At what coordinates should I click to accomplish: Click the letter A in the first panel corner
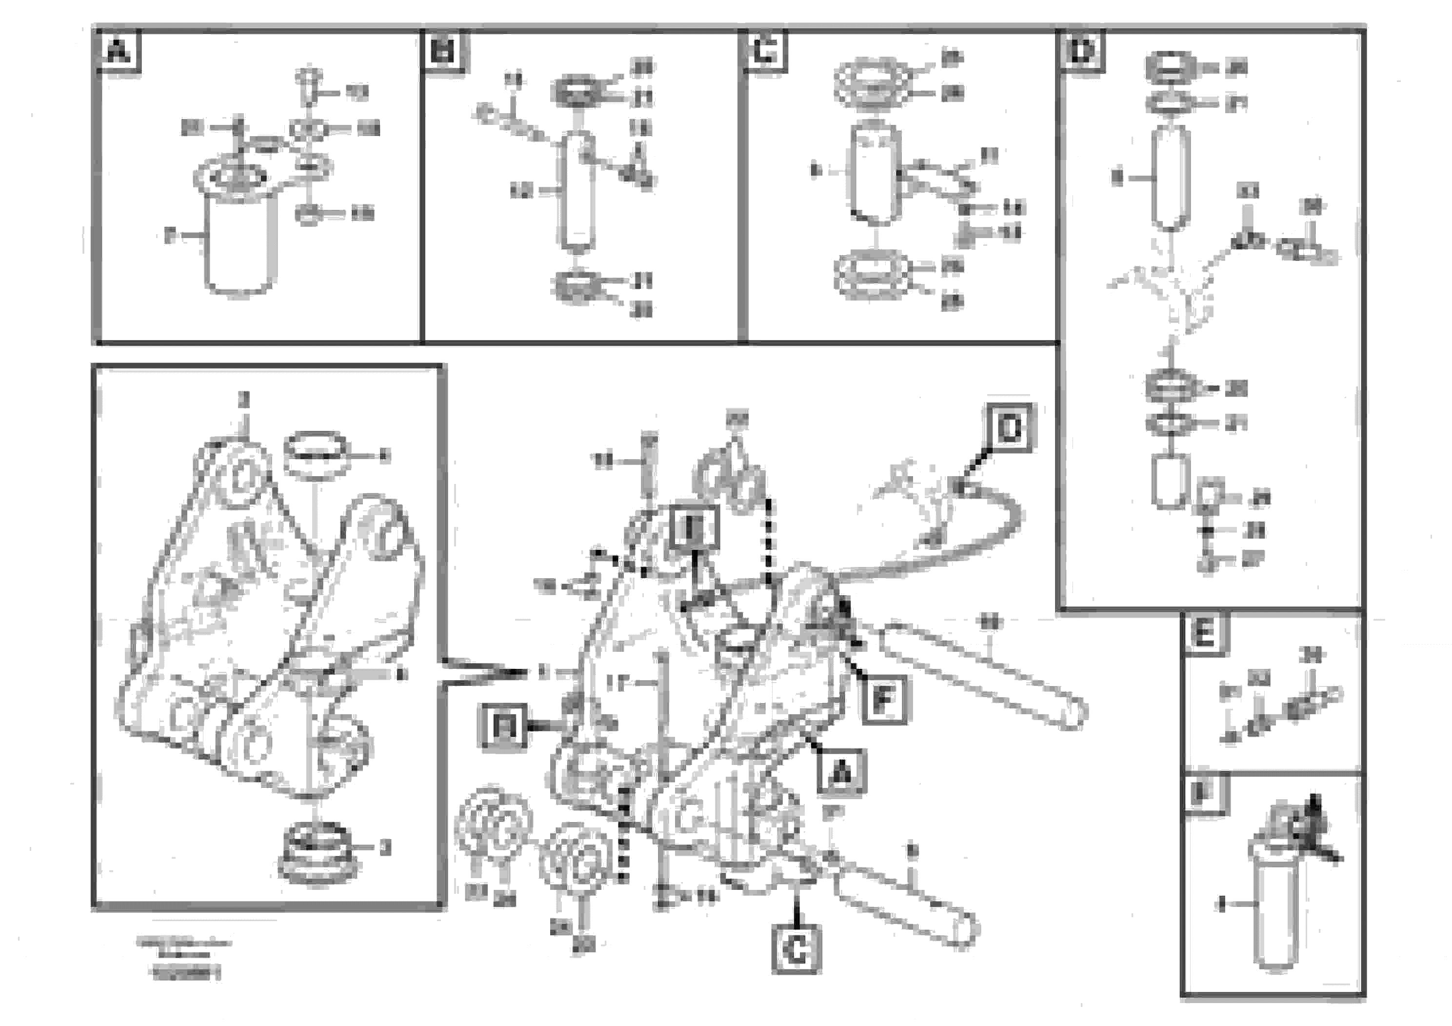[x=118, y=51]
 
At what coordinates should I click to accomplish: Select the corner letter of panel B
[x=444, y=51]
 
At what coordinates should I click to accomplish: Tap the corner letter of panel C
[x=765, y=51]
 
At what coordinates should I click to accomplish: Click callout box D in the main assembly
[x=1010, y=429]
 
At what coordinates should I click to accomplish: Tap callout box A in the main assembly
[x=840, y=772]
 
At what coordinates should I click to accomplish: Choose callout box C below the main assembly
[x=796, y=949]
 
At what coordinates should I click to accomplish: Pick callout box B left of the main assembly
[x=504, y=727]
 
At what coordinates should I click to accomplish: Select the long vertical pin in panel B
[x=576, y=193]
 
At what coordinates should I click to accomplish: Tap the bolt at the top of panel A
[x=309, y=85]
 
